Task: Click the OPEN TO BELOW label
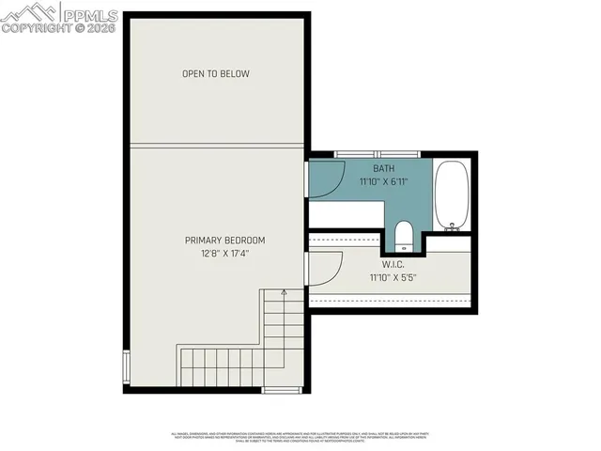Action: pyautogui.click(x=216, y=73)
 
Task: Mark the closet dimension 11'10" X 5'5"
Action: pyautogui.click(x=393, y=278)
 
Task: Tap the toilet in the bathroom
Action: pyautogui.click(x=402, y=231)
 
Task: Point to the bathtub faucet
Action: pyautogui.click(x=453, y=225)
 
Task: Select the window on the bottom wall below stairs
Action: pyautogui.click(x=281, y=389)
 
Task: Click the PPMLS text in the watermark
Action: pyautogui.click(x=88, y=13)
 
